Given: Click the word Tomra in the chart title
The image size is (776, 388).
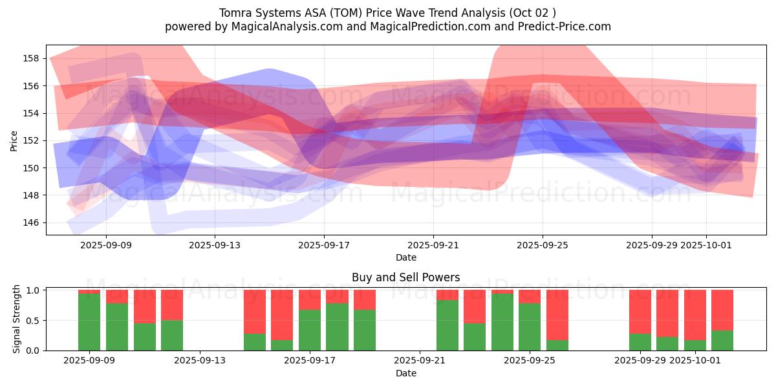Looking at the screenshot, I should [236, 13].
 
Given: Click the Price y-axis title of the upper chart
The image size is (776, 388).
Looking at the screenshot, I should [14, 140].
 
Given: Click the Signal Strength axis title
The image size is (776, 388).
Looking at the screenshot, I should [17, 319].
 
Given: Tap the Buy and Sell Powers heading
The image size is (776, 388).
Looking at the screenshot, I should [405, 277].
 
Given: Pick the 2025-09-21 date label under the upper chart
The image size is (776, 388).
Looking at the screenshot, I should [433, 245].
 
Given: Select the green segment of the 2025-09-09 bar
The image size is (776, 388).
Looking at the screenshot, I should [89, 322].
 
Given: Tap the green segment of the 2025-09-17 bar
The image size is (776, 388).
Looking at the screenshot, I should [310, 330].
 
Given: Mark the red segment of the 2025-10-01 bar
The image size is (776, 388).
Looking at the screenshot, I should [695, 314].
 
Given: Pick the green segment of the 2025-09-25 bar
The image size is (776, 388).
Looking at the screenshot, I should [530, 327].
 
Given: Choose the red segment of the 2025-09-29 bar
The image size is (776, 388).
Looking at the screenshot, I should [640, 311].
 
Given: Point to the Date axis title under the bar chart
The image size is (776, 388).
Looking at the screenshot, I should [405, 373].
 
